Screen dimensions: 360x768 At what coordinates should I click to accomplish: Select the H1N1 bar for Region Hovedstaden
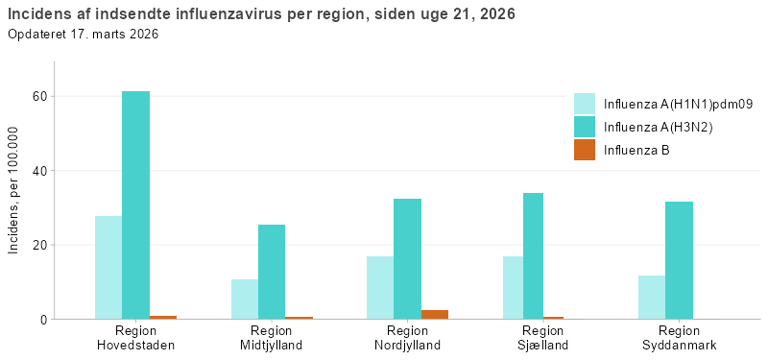pos(108,267)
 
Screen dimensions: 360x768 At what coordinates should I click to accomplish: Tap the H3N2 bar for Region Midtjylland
pos(272,272)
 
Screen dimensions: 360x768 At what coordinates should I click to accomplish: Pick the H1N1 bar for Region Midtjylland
pos(245,299)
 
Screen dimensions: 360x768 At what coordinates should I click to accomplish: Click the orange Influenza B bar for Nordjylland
pos(435,314)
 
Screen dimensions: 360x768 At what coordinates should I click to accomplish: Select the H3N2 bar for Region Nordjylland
pos(407,258)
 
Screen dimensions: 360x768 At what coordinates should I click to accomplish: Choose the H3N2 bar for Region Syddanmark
pos(679,260)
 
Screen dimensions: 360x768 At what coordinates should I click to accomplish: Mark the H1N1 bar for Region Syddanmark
pos(652,297)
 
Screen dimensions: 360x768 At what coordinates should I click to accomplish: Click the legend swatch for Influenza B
pos(585,150)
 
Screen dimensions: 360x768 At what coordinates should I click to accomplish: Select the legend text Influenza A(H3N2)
pos(658,127)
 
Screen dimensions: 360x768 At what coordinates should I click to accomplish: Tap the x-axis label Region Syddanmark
pos(680,338)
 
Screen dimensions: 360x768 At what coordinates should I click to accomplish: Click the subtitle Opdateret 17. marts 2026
pos(83,35)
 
